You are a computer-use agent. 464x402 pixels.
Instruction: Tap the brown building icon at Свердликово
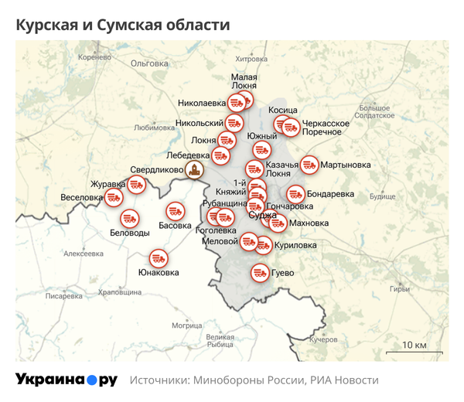coord(197,170)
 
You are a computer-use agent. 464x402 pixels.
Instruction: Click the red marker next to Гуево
coord(258,272)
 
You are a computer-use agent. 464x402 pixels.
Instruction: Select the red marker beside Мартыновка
coord(309,165)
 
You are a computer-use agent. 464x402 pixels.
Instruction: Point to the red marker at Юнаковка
coord(159,257)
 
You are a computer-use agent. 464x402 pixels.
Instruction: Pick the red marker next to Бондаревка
coord(295,193)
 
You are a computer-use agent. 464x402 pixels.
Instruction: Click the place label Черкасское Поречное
coord(326,128)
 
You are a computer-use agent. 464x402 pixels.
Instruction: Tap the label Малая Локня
coord(244,82)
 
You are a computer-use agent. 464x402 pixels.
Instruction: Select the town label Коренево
coord(95,57)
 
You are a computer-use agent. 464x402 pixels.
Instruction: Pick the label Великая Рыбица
coord(220,340)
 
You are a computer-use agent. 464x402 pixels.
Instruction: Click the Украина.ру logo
coord(67,380)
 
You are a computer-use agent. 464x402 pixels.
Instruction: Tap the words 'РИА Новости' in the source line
coord(345,380)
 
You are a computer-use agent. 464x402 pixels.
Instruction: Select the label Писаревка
coord(63,296)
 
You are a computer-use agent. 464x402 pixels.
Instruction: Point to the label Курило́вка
coord(296,245)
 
